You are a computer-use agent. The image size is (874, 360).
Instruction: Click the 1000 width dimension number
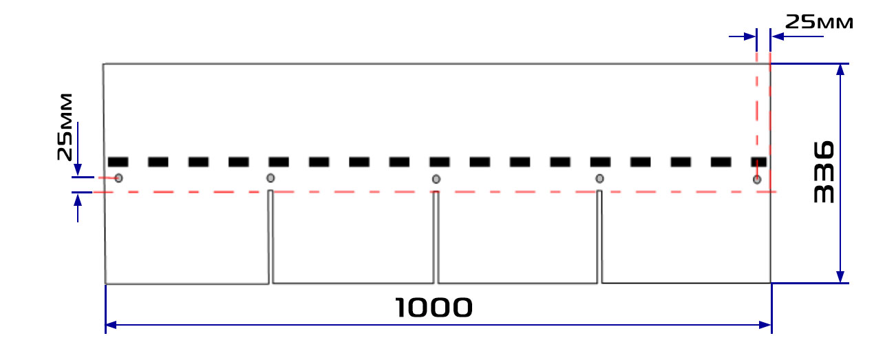[434, 307]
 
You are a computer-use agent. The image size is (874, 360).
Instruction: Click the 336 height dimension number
[824, 172]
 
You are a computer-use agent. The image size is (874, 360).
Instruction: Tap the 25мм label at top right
[819, 22]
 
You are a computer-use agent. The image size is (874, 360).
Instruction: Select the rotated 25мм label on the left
[65, 127]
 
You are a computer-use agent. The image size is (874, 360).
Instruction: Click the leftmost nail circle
[118, 178]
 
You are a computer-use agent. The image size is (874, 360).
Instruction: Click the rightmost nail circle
[757, 180]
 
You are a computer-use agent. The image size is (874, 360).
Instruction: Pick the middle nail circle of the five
[436, 179]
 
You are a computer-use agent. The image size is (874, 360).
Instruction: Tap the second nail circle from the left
[270, 178]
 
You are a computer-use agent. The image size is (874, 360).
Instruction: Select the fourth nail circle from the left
[599, 179]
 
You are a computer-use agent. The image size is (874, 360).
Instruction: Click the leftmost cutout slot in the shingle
[270, 237]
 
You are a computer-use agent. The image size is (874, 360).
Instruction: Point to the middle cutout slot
[436, 237]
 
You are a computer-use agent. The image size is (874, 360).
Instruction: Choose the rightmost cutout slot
[599, 237]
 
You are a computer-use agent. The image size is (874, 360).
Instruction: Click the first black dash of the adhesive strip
[118, 162]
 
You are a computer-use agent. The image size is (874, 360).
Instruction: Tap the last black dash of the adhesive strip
[759, 162]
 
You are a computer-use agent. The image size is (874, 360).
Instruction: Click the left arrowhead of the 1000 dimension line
[111, 325]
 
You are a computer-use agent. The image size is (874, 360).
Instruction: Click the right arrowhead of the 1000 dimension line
[765, 325]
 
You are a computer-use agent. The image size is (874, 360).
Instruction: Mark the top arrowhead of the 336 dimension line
[840, 70]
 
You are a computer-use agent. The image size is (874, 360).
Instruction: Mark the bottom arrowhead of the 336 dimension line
[840, 277]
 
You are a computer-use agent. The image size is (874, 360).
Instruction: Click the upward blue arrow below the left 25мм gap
[78, 208]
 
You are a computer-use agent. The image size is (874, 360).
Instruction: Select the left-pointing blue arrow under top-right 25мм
[798, 36]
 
